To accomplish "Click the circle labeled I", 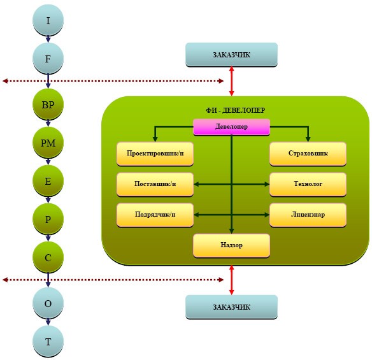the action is click(x=48, y=20).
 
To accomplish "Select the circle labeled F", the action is click(x=48, y=59).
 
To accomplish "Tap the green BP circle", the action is click(x=48, y=104).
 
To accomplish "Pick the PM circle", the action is click(x=48, y=143).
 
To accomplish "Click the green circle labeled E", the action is click(x=48, y=181).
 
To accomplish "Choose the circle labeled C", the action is click(x=48, y=257).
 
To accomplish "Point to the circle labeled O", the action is click(x=48, y=303).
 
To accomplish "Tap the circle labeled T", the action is click(x=48, y=342).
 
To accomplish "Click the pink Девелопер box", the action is click(x=232, y=127).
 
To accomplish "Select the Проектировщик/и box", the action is click(x=155, y=154).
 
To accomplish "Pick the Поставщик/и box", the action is click(x=155, y=184).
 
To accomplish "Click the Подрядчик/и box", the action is click(x=155, y=215).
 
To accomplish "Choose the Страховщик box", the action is click(x=308, y=154).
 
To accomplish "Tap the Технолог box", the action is click(x=308, y=184).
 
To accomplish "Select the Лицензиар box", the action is click(x=308, y=215).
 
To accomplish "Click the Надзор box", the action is click(x=232, y=245).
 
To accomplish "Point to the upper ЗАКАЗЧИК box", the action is click(x=232, y=55).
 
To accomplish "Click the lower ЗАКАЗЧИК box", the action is click(x=232, y=307).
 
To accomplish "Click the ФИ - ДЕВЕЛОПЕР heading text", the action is click(x=235, y=110).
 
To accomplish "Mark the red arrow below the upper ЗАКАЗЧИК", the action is click(x=232, y=81).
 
